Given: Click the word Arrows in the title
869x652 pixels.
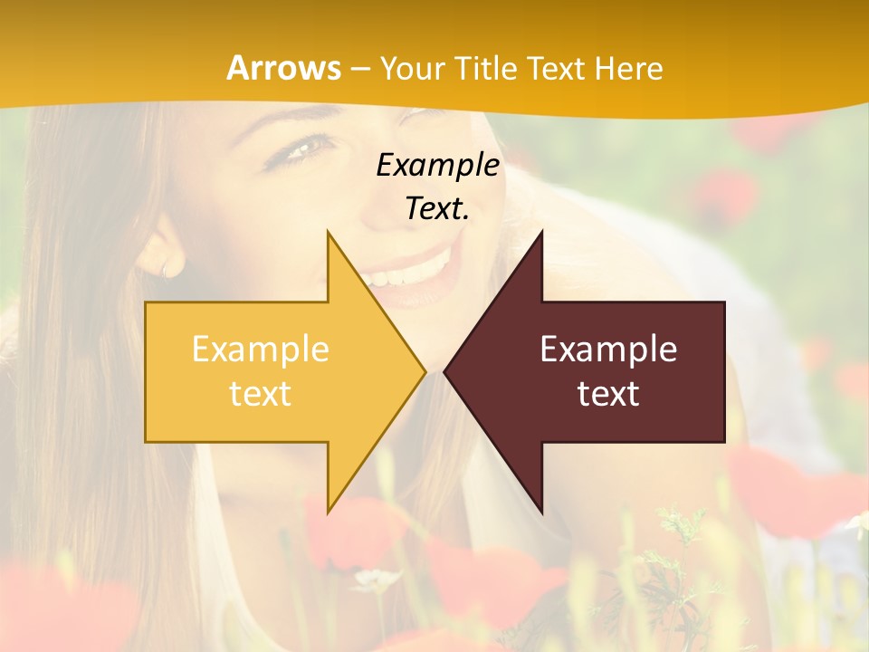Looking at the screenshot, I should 284,68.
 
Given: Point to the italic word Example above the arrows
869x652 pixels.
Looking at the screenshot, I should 437,165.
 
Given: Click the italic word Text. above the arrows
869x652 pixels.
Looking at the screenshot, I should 437,208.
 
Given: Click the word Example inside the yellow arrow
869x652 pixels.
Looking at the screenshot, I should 261,350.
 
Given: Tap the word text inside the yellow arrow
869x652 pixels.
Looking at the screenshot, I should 261,394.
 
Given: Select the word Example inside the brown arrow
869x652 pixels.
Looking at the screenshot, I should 608,350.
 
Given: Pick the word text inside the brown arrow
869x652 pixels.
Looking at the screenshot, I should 608,394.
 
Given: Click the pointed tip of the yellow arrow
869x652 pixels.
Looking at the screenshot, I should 424,371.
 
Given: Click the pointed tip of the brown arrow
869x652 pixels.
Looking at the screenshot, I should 445,371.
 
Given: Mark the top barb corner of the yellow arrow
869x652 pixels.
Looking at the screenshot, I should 328,233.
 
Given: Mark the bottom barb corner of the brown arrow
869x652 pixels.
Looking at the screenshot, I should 541,513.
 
